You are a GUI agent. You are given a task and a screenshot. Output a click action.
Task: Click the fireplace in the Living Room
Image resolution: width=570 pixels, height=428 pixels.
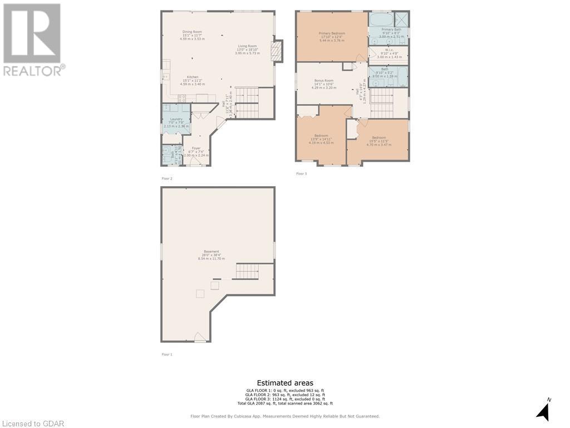[x=274, y=52]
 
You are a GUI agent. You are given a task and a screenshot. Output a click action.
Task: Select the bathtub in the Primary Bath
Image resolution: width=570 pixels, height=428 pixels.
[x=382, y=20]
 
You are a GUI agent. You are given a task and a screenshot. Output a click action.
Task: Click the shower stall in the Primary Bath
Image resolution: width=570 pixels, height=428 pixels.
[x=401, y=19]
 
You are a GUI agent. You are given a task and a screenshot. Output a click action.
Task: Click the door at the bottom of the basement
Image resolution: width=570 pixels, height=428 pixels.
[x=200, y=337]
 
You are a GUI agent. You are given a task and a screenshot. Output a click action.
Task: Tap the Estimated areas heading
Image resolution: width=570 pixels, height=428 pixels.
[x=285, y=383]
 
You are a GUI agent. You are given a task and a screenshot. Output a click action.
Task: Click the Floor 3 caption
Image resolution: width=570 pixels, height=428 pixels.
[x=301, y=174]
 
